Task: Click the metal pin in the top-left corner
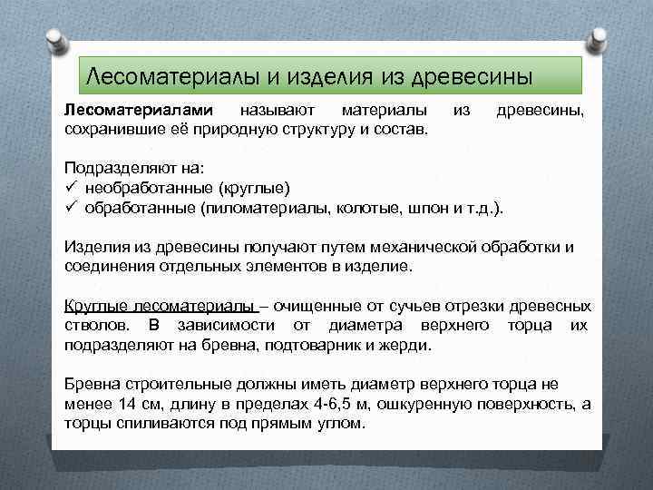click(53, 37)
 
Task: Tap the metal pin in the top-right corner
click(599, 37)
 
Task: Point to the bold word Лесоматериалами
click(124, 110)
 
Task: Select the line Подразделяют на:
click(122, 170)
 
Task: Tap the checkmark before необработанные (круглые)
click(70, 188)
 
